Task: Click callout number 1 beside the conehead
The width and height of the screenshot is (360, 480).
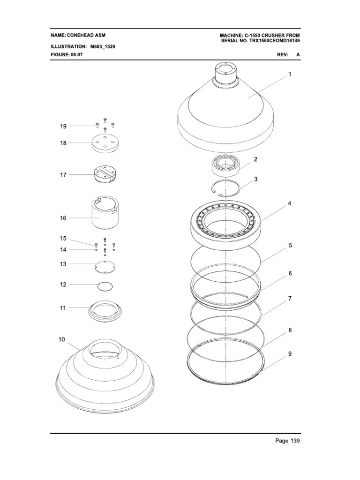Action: pyautogui.click(x=290, y=75)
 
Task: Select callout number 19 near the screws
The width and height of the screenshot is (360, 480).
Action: pyautogui.click(x=63, y=126)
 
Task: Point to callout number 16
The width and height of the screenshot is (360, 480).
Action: pyautogui.click(x=63, y=217)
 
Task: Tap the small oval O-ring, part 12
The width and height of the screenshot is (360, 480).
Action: pyautogui.click(x=105, y=285)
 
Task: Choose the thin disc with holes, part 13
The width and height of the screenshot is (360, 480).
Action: pyautogui.click(x=105, y=265)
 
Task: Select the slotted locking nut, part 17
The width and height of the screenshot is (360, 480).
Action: pyautogui.click(x=105, y=173)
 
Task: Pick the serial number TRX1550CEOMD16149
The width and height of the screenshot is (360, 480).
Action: pyautogui.click(x=272, y=41)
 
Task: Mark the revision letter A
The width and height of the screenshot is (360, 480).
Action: pyautogui.click(x=298, y=55)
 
